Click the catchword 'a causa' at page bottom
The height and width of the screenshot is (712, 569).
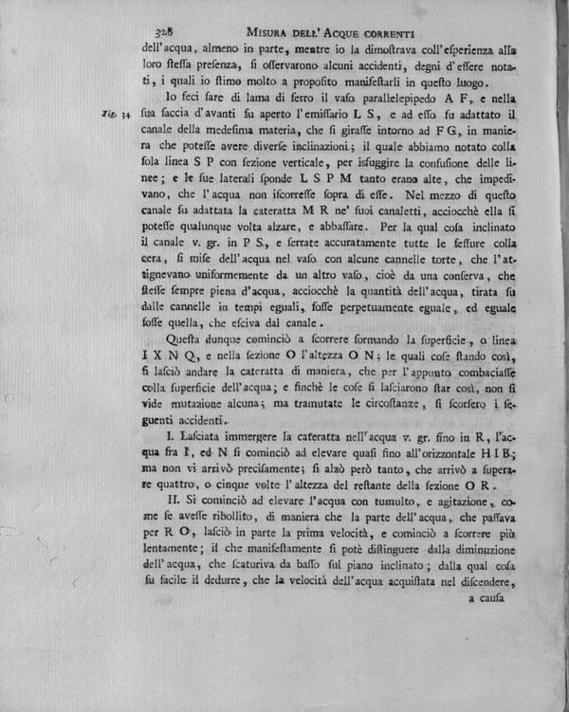(491, 598)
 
